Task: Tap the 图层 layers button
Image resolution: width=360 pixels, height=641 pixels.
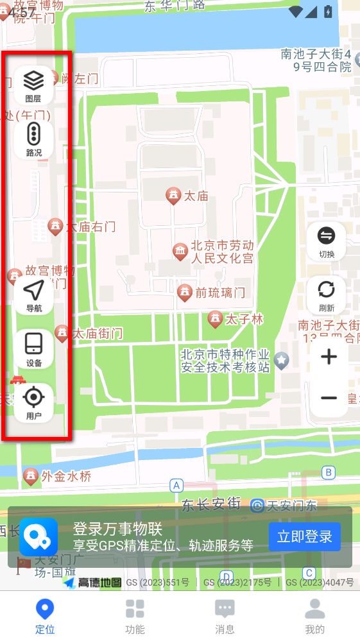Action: click(x=33, y=85)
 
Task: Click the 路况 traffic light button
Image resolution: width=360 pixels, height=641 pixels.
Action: click(x=33, y=139)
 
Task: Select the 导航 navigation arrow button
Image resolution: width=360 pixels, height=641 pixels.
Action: click(x=33, y=295)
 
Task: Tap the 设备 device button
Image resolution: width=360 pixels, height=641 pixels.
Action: click(x=33, y=348)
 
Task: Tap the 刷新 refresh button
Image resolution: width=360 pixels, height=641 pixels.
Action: click(x=326, y=295)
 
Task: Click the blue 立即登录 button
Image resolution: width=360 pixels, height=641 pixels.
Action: click(x=304, y=537)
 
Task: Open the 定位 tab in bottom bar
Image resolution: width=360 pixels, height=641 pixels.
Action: click(x=45, y=615)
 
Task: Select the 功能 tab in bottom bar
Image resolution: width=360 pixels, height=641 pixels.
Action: click(x=135, y=615)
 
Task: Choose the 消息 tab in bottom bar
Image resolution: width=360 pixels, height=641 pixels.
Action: click(x=225, y=615)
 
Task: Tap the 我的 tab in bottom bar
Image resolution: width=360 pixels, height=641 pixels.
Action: click(x=314, y=615)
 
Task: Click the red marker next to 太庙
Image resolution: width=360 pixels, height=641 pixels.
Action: click(x=173, y=196)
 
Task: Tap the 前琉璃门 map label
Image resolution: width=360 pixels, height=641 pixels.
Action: click(x=220, y=293)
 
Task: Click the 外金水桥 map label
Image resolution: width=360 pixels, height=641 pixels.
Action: click(x=66, y=476)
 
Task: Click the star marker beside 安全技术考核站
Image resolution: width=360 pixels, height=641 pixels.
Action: click(x=281, y=361)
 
